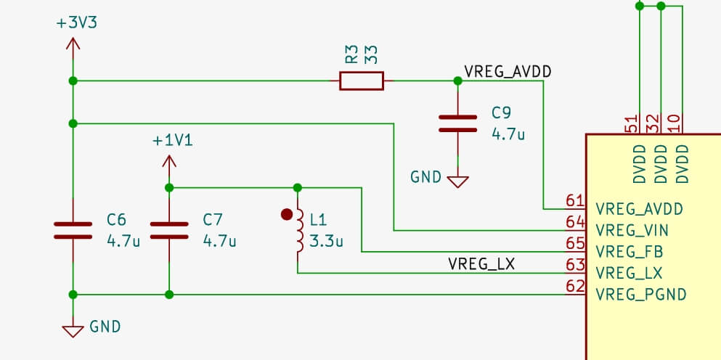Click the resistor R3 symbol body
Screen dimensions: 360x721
(361, 81)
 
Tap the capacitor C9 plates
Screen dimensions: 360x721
(457, 123)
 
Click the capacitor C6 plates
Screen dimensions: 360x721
(73, 231)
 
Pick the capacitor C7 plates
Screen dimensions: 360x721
(169, 231)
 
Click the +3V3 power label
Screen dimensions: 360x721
(76, 22)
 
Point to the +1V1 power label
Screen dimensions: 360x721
(173, 140)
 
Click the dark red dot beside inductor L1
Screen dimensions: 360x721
(287, 214)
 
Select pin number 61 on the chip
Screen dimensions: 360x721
(575, 201)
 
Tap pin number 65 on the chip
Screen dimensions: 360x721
(575, 244)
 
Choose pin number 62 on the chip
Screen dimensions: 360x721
(575, 287)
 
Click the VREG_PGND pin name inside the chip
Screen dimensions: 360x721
(640, 295)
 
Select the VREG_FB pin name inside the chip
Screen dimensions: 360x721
(629, 252)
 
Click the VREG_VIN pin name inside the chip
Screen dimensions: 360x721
(632, 231)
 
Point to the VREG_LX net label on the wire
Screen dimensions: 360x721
(481, 264)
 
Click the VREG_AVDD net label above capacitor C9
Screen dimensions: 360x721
(508, 71)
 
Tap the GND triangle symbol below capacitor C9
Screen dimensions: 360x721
(457, 181)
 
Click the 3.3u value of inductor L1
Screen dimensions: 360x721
(326, 241)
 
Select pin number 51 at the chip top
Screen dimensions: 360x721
(632, 124)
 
